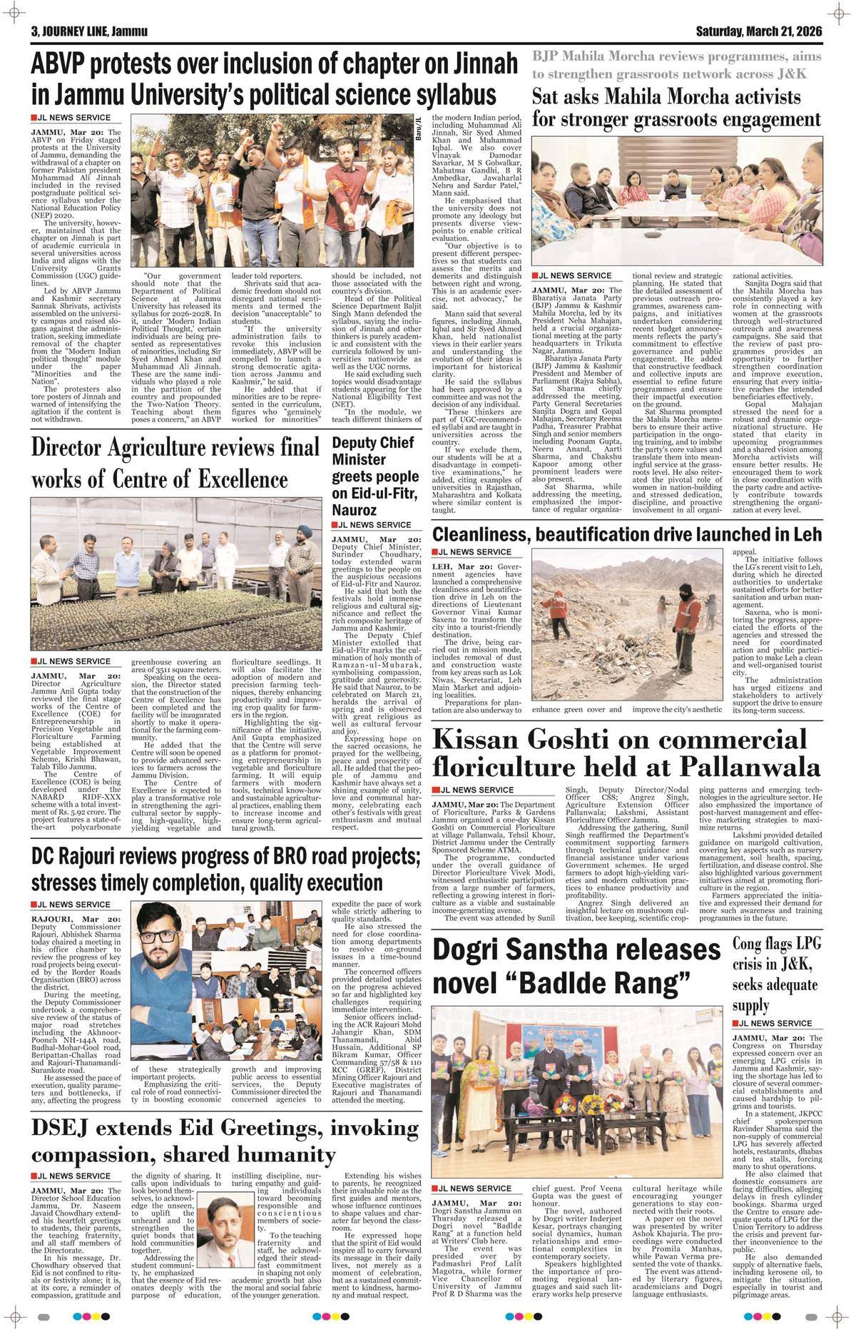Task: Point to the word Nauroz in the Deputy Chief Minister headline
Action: [354, 510]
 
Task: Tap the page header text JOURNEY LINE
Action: [78, 32]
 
